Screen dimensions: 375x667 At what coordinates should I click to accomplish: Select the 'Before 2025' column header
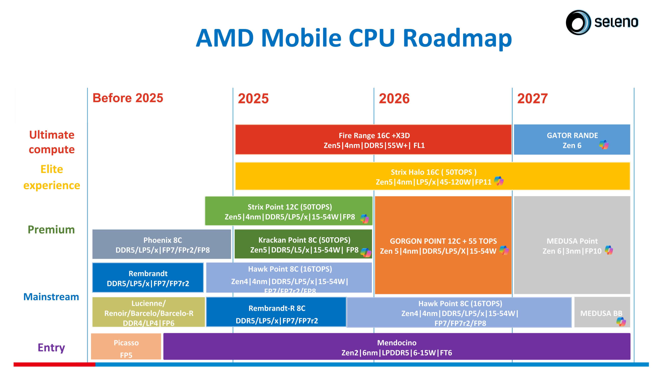128,98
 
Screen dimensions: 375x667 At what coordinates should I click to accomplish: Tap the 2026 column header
394,98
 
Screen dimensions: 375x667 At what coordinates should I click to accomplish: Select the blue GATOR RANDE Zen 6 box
572,140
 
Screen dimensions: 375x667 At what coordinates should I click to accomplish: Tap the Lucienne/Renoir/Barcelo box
148,312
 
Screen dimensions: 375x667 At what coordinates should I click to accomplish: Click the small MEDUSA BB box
601,312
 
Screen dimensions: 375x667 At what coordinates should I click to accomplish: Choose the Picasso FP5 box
126,347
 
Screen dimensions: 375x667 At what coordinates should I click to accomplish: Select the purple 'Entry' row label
51,347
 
